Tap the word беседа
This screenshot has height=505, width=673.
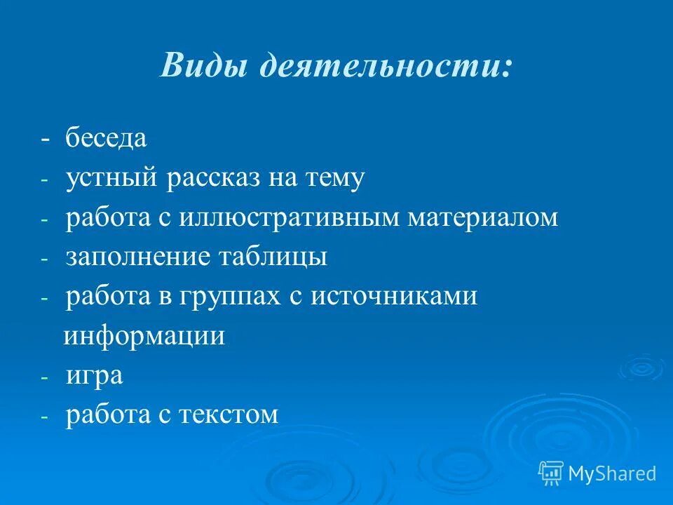point(107,138)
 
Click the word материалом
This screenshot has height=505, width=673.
point(483,217)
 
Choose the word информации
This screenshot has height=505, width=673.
point(145,336)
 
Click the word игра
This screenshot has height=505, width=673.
point(95,376)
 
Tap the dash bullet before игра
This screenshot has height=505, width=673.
point(45,377)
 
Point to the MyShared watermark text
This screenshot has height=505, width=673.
point(612,473)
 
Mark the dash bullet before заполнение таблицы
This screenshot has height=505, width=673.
point(45,258)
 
